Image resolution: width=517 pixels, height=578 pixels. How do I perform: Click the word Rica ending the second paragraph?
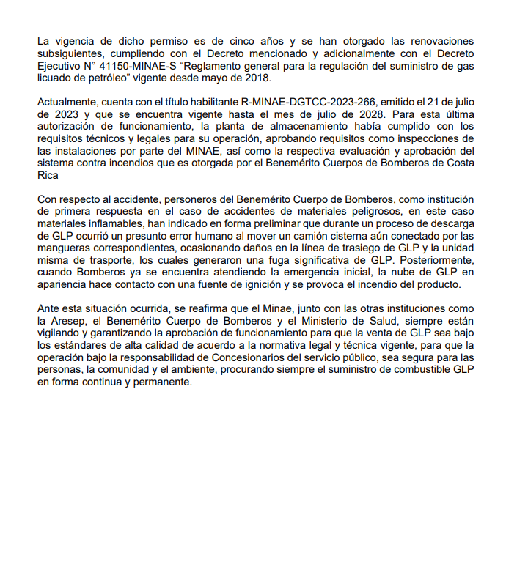[48, 175]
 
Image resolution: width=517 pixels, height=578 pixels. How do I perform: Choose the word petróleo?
[98, 77]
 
